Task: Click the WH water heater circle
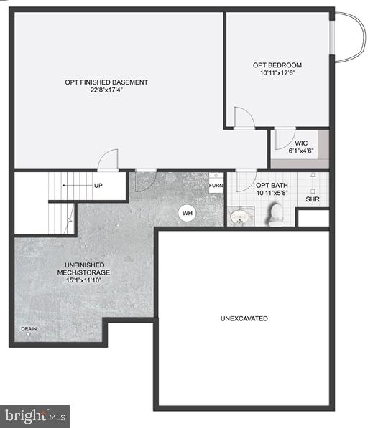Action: pos(187,213)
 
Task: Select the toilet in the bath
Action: pos(275,214)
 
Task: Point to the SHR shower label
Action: pos(313,199)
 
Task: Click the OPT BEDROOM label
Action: pos(277,65)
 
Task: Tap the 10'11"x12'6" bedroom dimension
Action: pos(277,74)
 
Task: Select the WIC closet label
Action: pos(300,143)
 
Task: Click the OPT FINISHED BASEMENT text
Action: pos(106,82)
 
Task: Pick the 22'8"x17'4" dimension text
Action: pos(106,91)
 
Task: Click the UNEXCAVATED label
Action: pos(244,318)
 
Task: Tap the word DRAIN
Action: pos(29,330)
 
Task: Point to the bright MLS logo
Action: pos(35,415)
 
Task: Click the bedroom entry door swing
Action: pos(243,118)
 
